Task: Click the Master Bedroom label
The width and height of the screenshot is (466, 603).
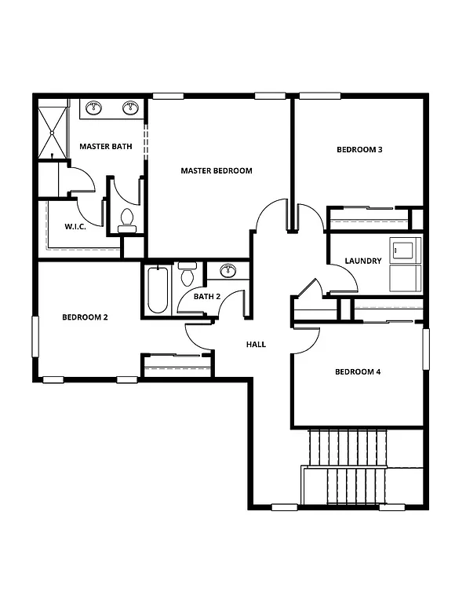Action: tap(216, 170)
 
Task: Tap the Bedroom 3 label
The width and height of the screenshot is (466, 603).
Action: tap(359, 149)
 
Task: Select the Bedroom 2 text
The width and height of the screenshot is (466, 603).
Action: tap(85, 317)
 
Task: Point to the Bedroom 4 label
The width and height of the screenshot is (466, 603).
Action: tap(358, 371)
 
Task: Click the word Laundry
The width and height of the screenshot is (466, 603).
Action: tap(363, 261)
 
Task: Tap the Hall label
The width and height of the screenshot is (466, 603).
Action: tap(256, 344)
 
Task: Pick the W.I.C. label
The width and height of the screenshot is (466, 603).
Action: tap(75, 226)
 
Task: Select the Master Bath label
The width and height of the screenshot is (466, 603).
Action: tap(106, 146)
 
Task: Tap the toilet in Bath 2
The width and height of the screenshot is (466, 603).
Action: tap(187, 275)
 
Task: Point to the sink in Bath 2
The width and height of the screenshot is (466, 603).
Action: tap(228, 271)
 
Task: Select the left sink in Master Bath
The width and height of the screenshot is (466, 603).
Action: tap(94, 108)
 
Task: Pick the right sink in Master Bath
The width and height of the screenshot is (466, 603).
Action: tap(130, 108)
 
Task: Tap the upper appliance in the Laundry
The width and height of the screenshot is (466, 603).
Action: tap(406, 250)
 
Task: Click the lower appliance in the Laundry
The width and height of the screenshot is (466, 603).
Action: tap(406, 278)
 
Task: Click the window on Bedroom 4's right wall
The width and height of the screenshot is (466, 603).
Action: tap(427, 348)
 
